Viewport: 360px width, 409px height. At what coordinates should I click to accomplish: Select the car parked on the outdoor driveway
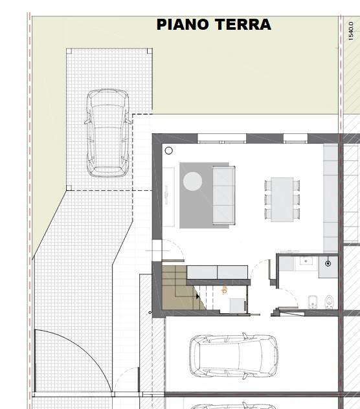[107, 133]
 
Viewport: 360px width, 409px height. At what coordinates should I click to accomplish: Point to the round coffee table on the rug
[192, 181]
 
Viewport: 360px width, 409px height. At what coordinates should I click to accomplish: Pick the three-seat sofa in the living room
[223, 194]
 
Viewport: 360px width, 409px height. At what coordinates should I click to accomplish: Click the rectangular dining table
[282, 198]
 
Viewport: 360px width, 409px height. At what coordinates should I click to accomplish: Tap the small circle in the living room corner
[168, 151]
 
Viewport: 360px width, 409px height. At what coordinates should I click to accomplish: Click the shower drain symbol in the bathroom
[328, 263]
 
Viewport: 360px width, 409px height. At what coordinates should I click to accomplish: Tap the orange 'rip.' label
[225, 290]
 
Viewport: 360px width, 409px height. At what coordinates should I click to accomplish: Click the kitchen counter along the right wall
[331, 197]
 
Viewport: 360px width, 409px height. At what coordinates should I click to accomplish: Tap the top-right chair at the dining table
[297, 185]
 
